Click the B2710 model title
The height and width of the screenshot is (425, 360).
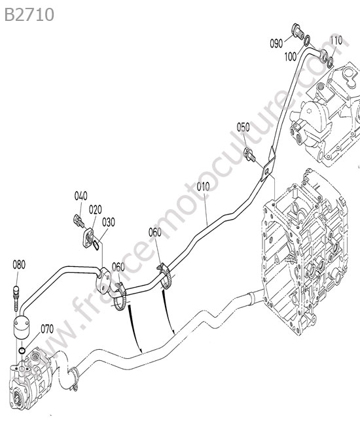click(29, 15)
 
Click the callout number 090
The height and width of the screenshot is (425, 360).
click(276, 43)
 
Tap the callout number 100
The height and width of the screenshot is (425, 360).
click(291, 57)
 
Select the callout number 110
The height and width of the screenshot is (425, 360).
click(336, 41)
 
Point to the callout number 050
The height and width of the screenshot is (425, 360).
click(243, 127)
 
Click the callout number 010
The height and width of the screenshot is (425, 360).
click(203, 187)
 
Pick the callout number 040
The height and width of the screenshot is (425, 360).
click(81, 196)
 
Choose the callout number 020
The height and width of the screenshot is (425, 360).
click(95, 209)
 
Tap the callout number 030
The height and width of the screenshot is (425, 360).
click(109, 222)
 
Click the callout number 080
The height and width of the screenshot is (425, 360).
click(19, 265)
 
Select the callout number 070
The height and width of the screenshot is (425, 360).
click(47, 329)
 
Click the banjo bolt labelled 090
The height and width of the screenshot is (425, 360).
click(298, 31)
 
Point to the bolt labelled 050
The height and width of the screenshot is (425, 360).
click(251, 154)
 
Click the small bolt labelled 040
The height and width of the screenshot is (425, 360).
click(79, 220)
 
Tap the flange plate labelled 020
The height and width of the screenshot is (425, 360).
click(88, 238)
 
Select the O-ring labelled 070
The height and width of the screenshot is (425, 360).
click(22, 350)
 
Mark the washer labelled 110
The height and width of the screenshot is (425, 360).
click(331, 62)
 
